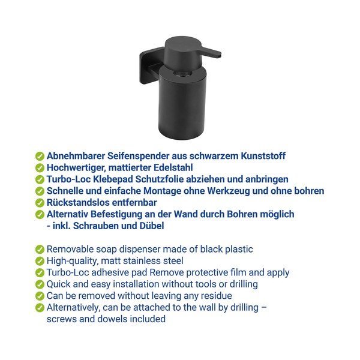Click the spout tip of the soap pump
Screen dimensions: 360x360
220,55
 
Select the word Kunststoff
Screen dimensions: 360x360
263,156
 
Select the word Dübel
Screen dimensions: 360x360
152,226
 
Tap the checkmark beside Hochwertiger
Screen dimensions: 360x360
40,168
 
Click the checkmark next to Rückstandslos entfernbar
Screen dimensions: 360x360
40,203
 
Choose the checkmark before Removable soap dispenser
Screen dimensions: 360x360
40,250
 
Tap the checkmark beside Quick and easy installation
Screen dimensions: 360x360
40,284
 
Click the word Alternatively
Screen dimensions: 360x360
73,308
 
